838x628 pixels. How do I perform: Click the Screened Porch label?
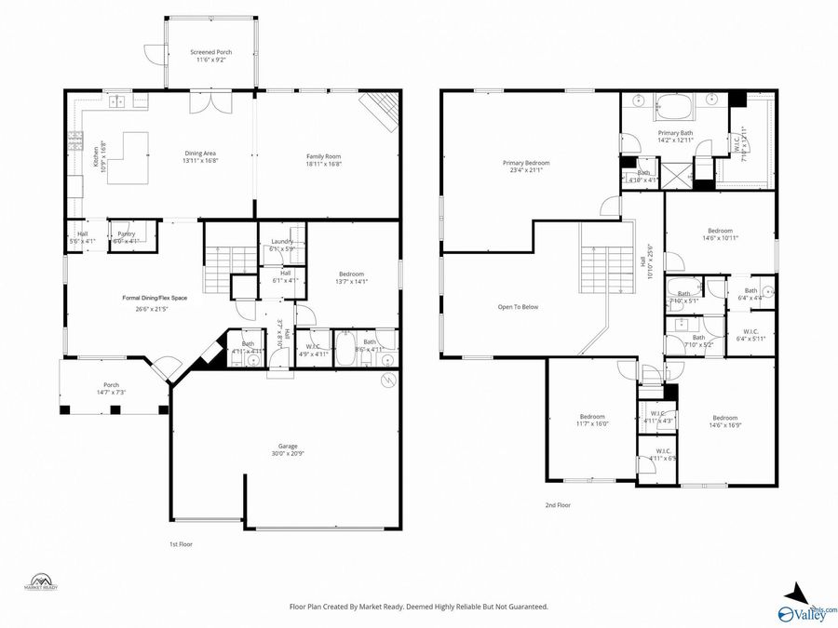tap(211, 56)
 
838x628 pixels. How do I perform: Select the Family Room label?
tap(324, 160)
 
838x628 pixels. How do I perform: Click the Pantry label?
tap(125, 237)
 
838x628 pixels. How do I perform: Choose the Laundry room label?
tap(281, 245)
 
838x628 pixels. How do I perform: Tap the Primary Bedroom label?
tap(526, 166)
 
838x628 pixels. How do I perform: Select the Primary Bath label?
tap(675, 137)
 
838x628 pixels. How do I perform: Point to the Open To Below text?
tap(518, 307)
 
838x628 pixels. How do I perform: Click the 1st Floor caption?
tap(182, 543)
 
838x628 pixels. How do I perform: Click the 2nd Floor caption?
tap(558, 505)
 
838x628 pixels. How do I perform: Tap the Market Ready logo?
tap(40, 582)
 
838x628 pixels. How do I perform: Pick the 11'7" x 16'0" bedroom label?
tap(592, 420)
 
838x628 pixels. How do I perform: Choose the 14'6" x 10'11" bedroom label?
tap(720, 234)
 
